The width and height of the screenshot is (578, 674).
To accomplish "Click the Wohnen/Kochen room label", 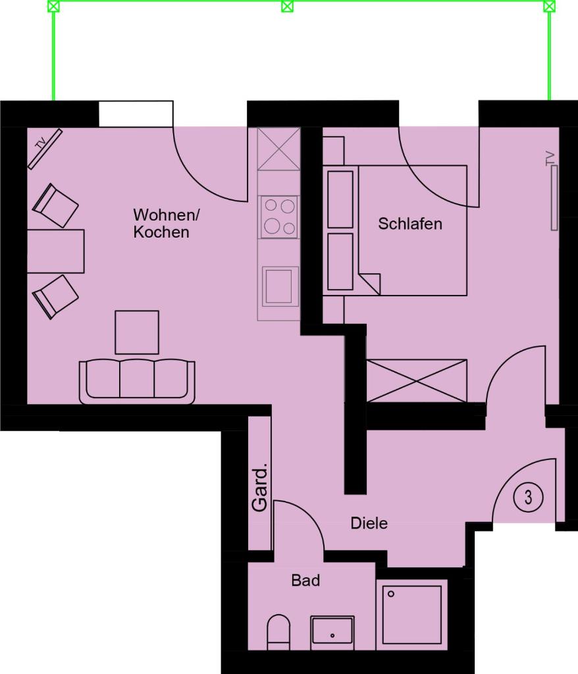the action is pos(166,223).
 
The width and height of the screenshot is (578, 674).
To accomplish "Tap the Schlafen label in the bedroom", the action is pos(410,224).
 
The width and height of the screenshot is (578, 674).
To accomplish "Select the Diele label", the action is pos(369,523).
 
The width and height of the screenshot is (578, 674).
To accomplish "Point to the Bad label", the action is pos(305,581).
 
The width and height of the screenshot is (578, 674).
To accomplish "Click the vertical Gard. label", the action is pos(260,488).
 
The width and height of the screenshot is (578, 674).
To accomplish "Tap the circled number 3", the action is pos(528,498).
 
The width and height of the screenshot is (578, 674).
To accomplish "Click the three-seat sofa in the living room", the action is pos(137,382).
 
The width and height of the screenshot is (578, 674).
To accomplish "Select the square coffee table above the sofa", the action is pos(137,332).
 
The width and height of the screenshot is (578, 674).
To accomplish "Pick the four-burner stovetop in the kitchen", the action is pos(278,217).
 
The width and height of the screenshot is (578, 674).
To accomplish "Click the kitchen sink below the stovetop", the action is pos(280,287).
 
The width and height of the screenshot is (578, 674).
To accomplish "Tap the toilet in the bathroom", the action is pos(278,632).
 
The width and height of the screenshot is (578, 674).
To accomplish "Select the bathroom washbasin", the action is pos(332,630).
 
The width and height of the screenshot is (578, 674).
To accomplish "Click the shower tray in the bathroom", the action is pos(411,615).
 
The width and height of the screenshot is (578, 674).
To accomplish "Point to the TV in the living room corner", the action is pos(45,148).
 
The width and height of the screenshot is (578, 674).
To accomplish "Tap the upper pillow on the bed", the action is pos(340,199).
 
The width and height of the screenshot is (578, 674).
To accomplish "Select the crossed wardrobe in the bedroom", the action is pos(416,380).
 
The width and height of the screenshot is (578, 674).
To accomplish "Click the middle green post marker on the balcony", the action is pos(287,7).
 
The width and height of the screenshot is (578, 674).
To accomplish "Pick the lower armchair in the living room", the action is pos(55,297).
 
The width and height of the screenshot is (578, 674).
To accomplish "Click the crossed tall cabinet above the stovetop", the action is pos(278,149).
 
